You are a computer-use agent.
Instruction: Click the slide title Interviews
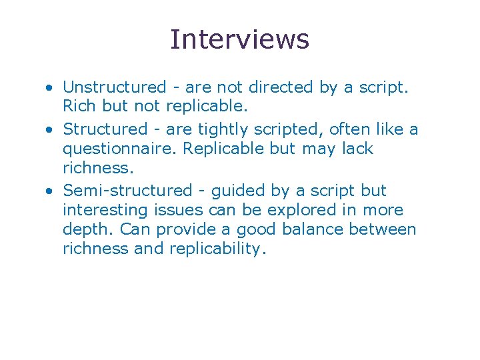[x=239, y=39]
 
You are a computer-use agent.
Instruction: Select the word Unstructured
[x=114, y=87]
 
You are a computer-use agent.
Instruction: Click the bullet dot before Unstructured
[x=50, y=87]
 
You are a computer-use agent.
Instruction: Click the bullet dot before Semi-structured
[x=50, y=191]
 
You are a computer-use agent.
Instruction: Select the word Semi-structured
[x=127, y=190]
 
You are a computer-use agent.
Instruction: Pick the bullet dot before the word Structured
[x=50, y=129]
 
